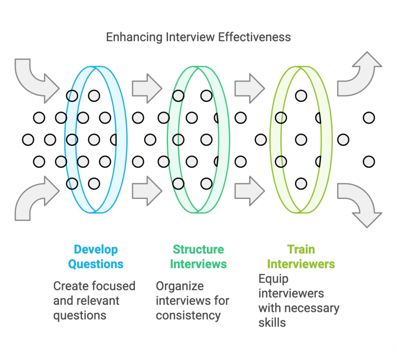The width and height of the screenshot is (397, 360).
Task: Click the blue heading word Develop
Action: point(96,249)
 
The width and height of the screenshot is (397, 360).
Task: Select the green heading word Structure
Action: point(198,249)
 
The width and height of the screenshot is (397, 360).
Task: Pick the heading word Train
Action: point(301,249)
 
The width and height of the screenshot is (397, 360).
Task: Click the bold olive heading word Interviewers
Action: point(301,264)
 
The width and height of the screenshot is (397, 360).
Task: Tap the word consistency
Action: point(188,315)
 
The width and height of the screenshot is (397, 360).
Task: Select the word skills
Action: point(272,323)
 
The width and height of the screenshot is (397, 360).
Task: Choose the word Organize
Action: point(180,286)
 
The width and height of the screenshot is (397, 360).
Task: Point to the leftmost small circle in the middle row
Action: point(28,139)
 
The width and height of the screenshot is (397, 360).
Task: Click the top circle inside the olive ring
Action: point(301,96)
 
